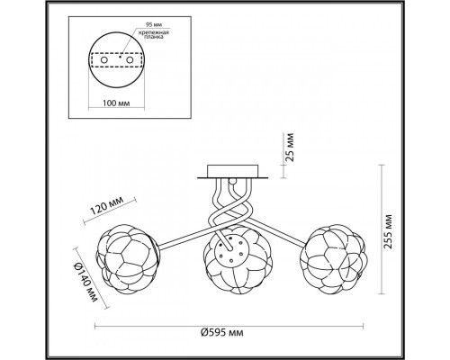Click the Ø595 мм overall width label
[x=222, y=333]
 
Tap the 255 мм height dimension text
[x=388, y=231]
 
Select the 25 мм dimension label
[x=290, y=147]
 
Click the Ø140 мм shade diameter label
[x=87, y=283]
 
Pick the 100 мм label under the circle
[x=116, y=103]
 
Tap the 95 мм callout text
[x=152, y=24]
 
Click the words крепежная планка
[x=154, y=34]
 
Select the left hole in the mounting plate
[x=103, y=60]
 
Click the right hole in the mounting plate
[x=130, y=60]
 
